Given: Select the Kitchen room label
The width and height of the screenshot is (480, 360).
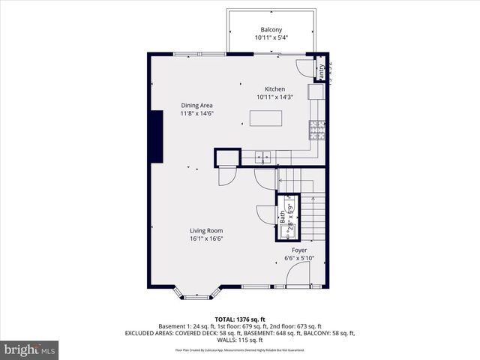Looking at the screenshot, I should (274, 88).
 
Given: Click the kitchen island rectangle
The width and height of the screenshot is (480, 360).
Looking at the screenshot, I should (266, 118).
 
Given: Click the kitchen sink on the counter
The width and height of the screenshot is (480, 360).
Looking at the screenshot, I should (262, 156).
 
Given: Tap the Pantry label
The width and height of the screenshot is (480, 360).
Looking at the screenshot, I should (322, 71).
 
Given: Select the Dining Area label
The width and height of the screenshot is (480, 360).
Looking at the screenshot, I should (197, 105).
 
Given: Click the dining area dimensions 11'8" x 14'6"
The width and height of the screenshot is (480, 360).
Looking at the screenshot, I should (197, 113).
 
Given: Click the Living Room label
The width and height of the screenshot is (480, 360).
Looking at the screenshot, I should (206, 231).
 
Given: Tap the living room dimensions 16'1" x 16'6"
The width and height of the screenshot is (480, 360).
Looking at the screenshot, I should (206, 239).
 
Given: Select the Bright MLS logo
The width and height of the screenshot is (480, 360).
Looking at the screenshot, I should (30, 349).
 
